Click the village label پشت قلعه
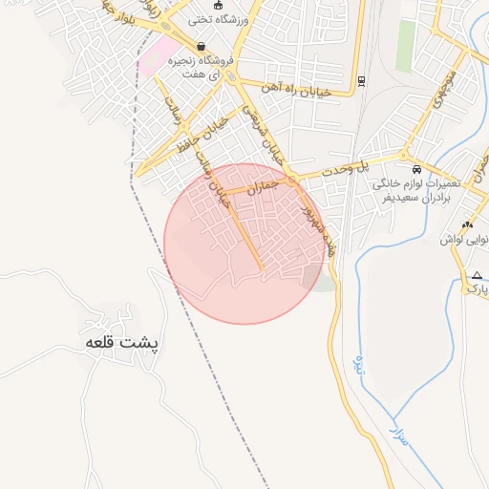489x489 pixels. tap(123, 342)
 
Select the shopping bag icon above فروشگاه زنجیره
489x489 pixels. tap(201, 46)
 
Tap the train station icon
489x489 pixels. tap(361, 80)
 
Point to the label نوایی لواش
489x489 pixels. tap(464, 240)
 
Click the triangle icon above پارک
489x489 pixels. tap(477, 276)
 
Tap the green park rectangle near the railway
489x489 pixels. tap(406, 46)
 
